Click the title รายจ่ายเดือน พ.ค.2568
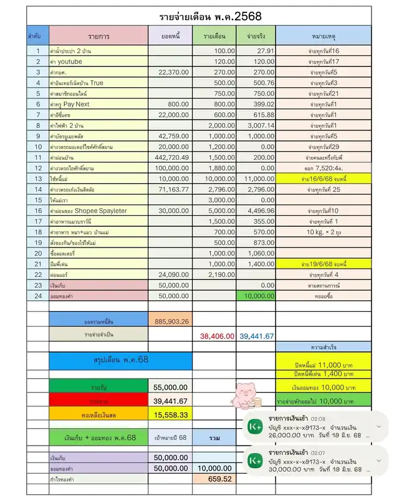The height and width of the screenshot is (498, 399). pyautogui.click(x=201, y=16)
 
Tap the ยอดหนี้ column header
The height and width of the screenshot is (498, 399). pyautogui.click(x=170, y=36)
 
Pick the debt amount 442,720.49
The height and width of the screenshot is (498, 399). pyautogui.click(x=171, y=158)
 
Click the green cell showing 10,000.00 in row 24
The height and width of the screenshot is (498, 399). pyautogui.click(x=256, y=295)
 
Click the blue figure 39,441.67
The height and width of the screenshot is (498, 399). pyautogui.click(x=256, y=336)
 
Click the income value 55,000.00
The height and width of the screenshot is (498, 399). pyautogui.click(x=170, y=387)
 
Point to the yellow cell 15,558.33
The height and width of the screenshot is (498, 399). pyautogui.click(x=170, y=414)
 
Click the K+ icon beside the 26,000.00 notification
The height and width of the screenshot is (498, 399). pyautogui.click(x=254, y=427)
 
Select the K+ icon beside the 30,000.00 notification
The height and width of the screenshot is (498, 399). pyautogui.click(x=254, y=461)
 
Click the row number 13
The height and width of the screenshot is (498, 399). pyautogui.click(x=37, y=179)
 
